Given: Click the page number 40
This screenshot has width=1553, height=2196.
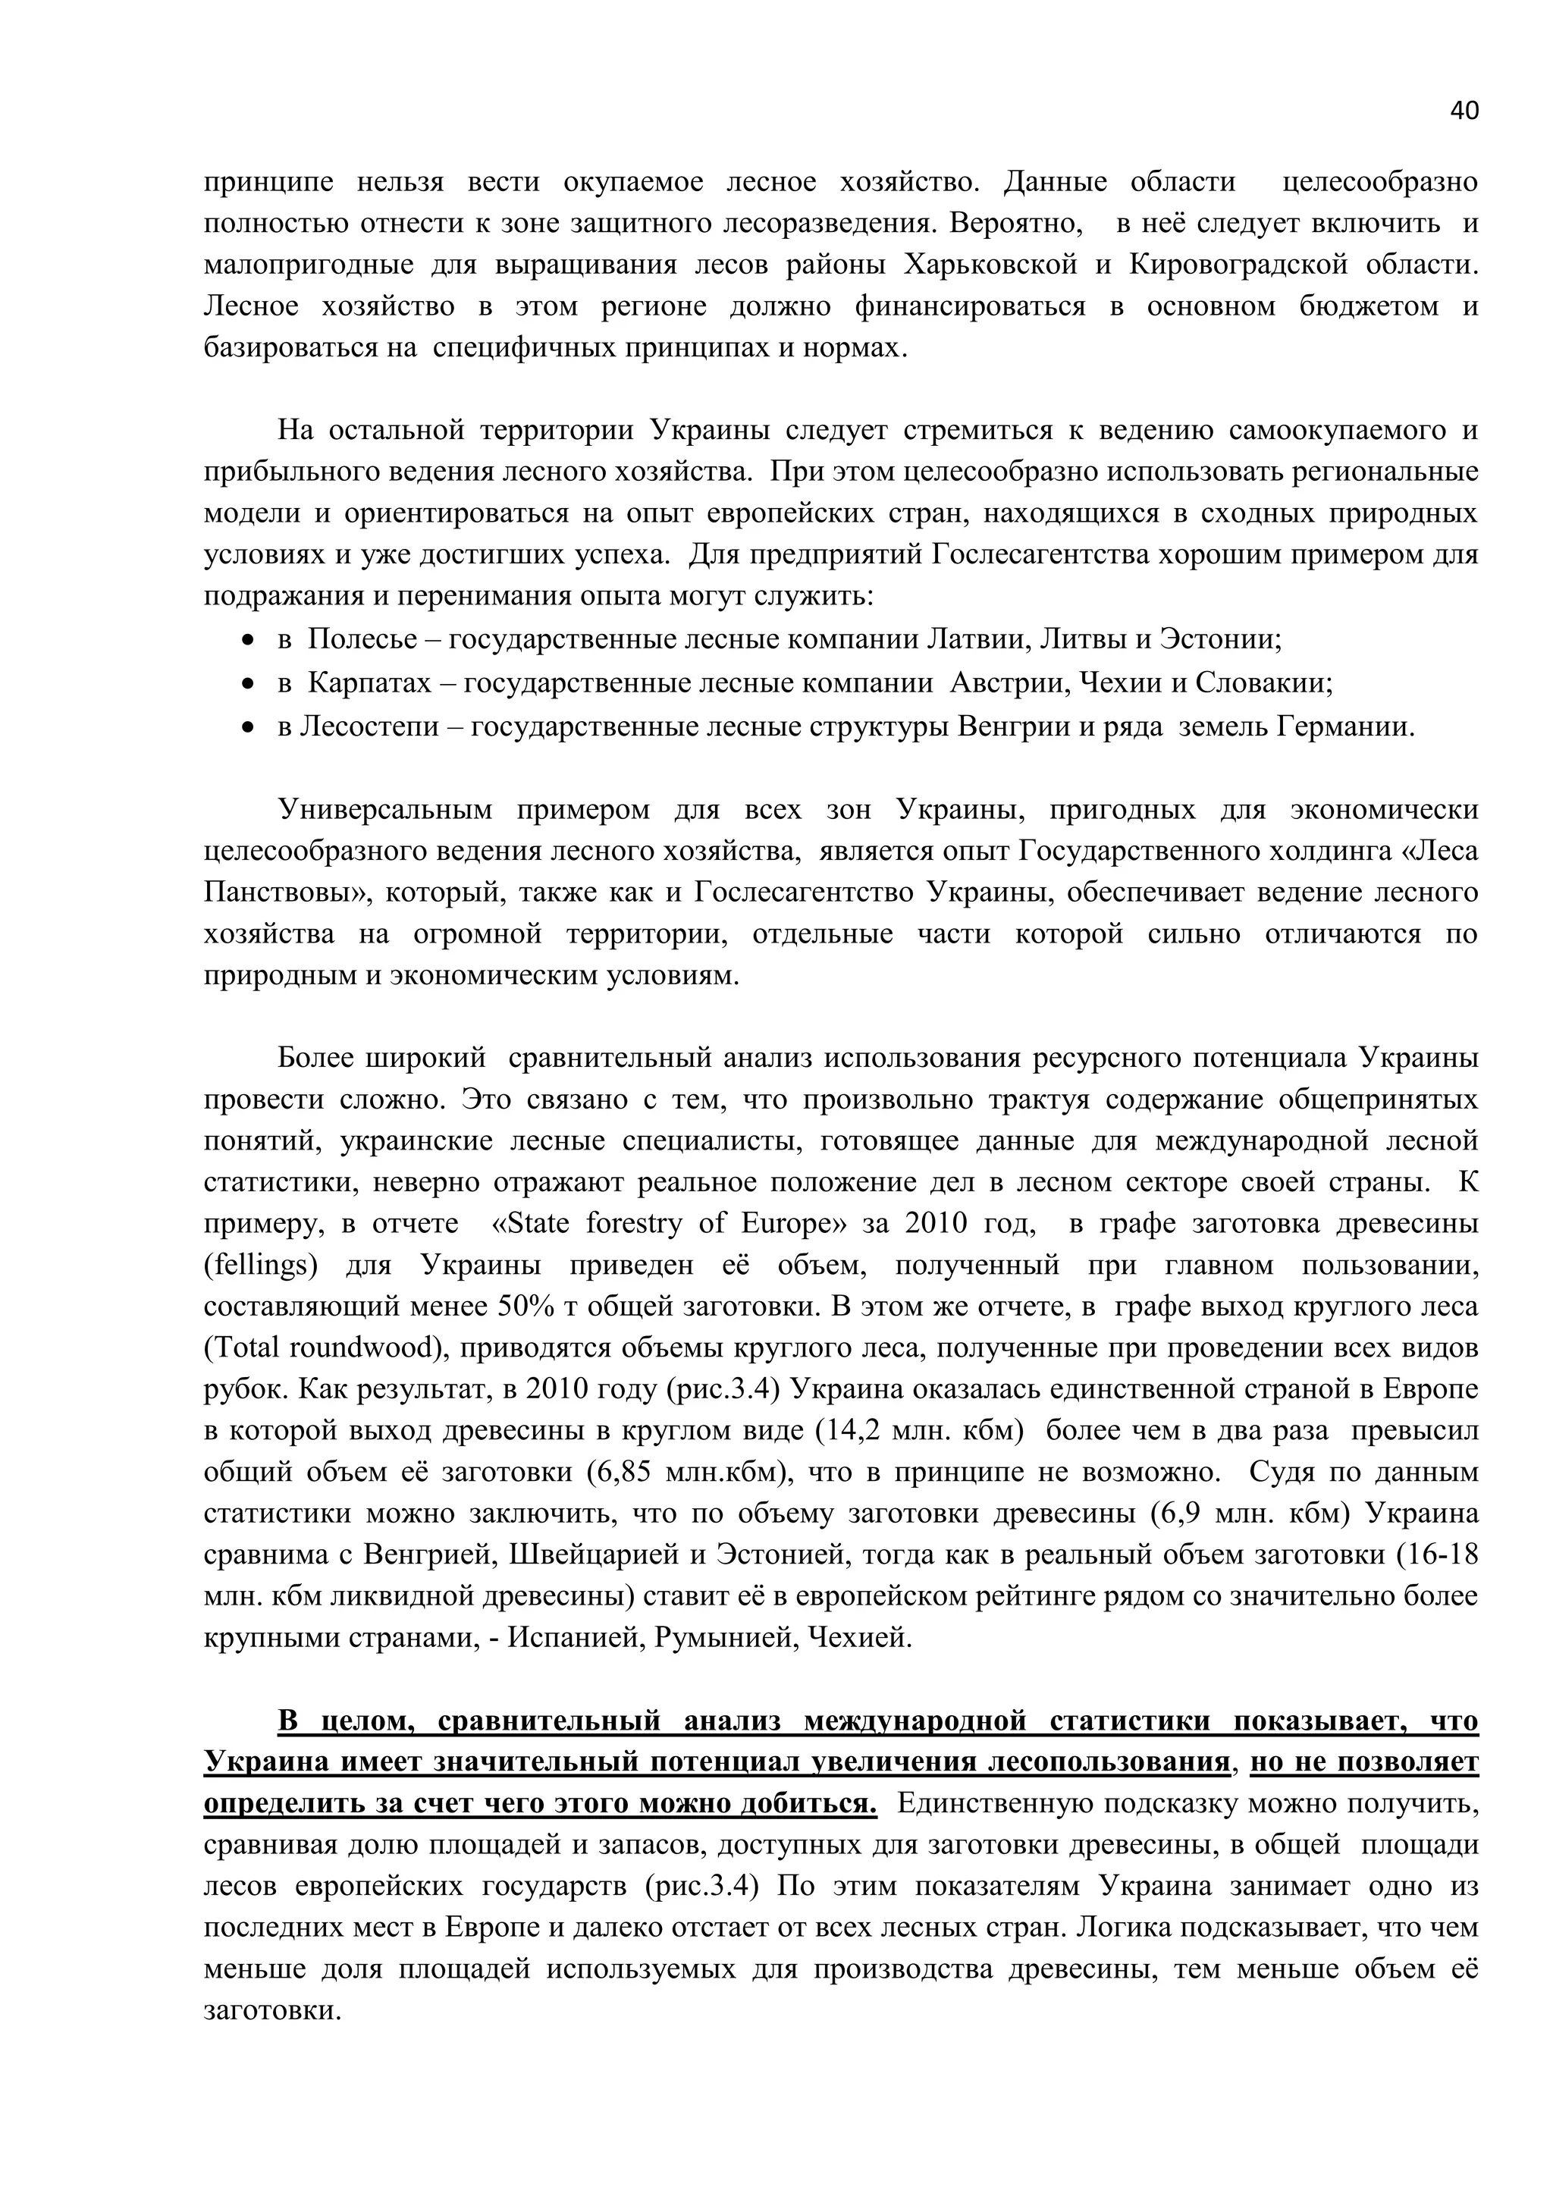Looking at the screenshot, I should (x=1463, y=111).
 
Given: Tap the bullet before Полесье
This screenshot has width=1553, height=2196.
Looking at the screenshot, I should (x=249, y=640).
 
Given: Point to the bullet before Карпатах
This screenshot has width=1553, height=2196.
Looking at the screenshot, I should (x=249, y=684).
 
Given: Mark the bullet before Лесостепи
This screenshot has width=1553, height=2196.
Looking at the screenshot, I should (x=249, y=728).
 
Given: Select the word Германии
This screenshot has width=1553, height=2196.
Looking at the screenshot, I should (x=1348, y=727).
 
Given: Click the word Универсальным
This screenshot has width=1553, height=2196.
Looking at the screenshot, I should (x=384, y=810).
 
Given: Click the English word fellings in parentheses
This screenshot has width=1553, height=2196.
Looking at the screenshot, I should (x=260, y=1266).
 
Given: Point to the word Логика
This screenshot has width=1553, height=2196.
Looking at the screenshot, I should (x=1124, y=1928).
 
